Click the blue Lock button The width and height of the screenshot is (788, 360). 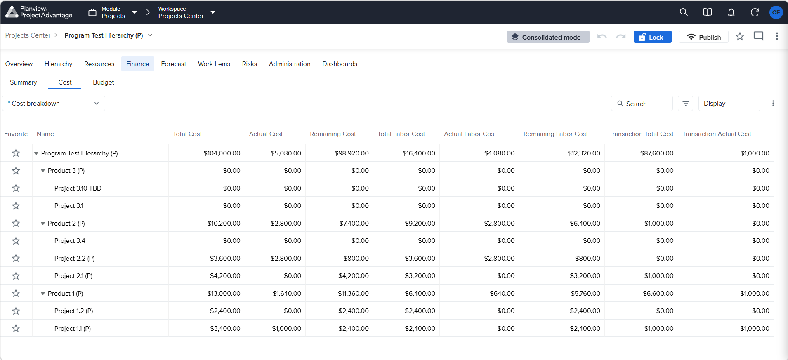click(652, 37)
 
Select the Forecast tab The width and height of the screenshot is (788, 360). click(173, 64)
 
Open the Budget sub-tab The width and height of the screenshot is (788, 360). click(103, 82)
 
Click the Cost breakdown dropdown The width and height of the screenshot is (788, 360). click(54, 104)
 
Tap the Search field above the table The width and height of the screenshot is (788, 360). click(642, 104)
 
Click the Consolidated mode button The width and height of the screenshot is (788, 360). click(548, 37)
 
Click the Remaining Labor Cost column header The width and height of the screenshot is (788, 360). click(555, 134)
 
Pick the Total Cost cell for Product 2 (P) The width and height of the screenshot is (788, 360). click(224, 224)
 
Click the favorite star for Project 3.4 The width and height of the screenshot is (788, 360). click(16, 241)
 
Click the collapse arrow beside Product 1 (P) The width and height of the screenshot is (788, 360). click(43, 294)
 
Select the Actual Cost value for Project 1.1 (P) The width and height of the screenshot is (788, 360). click(286, 329)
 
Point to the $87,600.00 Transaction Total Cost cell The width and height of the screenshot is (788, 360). click(657, 153)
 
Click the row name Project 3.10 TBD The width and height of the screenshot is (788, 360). click(78, 188)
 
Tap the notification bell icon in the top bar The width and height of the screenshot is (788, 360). click(731, 12)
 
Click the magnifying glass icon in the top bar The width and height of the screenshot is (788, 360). click(684, 12)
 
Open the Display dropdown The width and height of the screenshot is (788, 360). click(729, 104)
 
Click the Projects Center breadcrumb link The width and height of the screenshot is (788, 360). click(28, 35)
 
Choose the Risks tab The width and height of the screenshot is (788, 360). click(249, 64)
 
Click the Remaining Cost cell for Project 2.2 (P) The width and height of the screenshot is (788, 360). click(356, 259)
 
